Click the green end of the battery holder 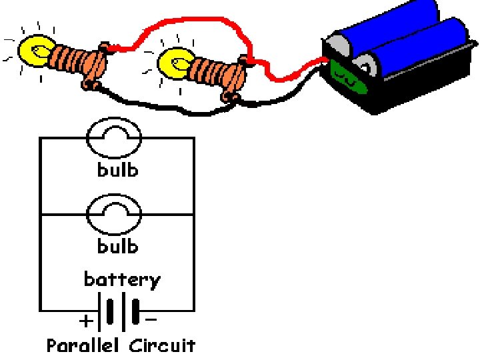tap(348, 77)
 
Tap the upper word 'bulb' tap(118, 169)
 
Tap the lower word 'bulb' tap(118, 246)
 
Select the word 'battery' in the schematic tap(122, 279)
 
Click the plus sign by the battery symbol tap(86, 322)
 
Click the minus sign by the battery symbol tap(151, 320)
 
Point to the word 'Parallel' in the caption tap(83, 345)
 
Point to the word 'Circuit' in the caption tap(162, 345)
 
